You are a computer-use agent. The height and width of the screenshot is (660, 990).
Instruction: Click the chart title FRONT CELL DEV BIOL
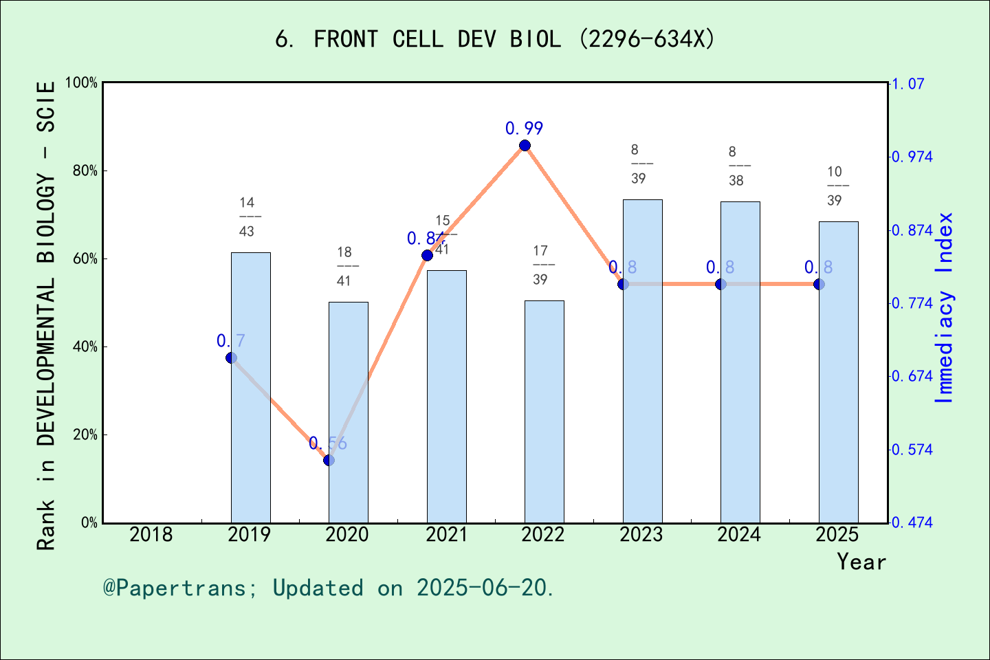coord(495,39)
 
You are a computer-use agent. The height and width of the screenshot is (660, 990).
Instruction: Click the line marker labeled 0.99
coord(525,145)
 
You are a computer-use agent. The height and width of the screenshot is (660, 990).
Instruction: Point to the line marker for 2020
coord(329,460)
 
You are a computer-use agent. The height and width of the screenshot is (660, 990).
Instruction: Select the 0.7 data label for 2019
coord(231,340)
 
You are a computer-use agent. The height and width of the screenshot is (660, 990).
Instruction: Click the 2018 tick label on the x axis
coord(151,534)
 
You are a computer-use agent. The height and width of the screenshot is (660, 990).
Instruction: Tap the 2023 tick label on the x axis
coord(641,534)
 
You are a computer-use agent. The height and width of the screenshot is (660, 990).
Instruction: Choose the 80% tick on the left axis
coord(85,170)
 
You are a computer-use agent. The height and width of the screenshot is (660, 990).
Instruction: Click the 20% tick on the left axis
coord(85,434)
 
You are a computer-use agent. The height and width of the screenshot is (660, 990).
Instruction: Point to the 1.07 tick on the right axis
coord(908,84)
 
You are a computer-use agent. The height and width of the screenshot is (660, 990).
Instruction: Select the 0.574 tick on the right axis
coord(912,450)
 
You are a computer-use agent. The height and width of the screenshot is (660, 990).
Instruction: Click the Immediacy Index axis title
coord(945,307)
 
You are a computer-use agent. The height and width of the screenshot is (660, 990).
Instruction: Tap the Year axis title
coord(861,562)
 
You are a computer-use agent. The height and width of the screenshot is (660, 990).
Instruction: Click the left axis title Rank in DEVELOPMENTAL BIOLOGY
coord(45,316)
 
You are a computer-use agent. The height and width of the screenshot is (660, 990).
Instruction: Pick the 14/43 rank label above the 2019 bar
coord(247,217)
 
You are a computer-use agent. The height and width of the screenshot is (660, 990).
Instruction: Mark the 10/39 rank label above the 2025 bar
coord(835,186)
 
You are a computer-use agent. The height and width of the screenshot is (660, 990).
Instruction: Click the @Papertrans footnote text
coord(329,588)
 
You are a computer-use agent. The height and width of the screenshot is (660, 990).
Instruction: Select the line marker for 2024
coord(720,284)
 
